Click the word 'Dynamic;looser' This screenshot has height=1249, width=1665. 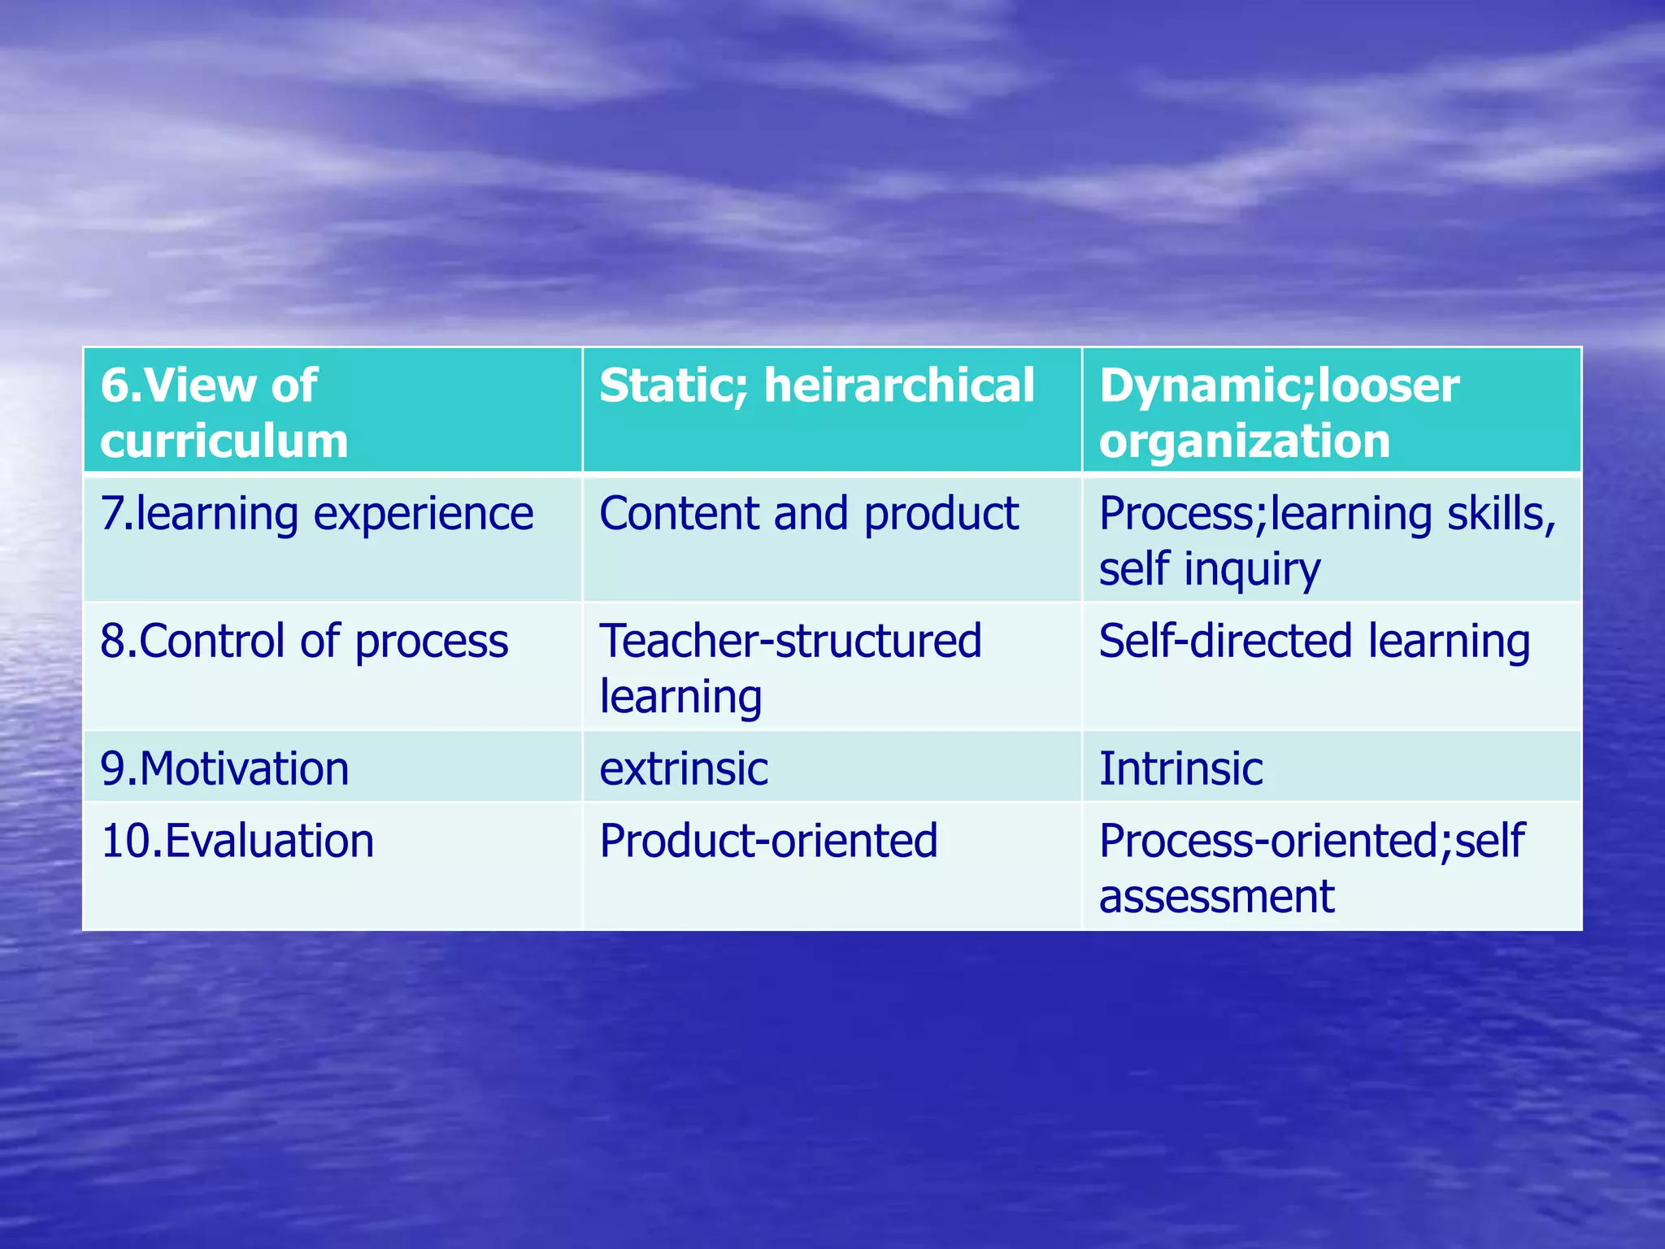pos(1279,385)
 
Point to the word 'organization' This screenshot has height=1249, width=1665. pos(1244,441)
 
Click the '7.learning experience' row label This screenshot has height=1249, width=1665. pos(316,514)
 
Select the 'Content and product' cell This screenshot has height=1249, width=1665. pos(808,514)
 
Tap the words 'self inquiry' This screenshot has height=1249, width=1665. pos(1209,568)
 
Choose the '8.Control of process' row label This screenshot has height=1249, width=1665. pos(304,641)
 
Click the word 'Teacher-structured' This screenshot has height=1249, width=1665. pos(790,641)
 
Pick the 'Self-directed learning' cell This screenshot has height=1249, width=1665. pos(1314,641)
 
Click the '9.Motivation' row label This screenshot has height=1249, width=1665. pos(224,768)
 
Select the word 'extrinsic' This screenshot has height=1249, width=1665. pos(683,768)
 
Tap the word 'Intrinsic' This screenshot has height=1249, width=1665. pos(1180,768)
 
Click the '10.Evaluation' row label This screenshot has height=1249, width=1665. pos(237,841)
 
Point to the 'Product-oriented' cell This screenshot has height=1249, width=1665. pos(768,841)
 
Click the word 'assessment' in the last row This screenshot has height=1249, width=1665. pos(1216,896)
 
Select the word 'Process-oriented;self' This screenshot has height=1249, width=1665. pos(1311,841)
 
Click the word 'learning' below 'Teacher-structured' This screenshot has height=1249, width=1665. pos(680,697)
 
